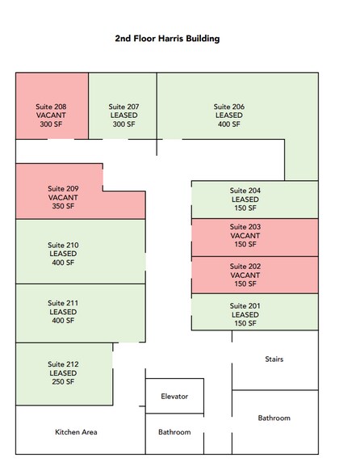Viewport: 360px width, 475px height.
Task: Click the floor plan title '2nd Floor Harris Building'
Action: [167, 39]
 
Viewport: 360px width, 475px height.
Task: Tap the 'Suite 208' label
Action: [51, 107]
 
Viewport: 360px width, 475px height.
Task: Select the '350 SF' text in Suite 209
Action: [63, 206]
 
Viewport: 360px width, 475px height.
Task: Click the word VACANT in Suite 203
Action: [245, 236]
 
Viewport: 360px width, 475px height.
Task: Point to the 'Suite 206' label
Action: [229, 107]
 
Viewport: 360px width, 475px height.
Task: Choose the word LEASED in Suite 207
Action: [123, 116]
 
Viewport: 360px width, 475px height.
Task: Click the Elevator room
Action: [174, 396]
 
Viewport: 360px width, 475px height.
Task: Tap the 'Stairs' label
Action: [274, 359]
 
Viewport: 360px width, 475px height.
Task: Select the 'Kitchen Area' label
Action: [76, 432]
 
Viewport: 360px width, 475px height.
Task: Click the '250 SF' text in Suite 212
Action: [63, 381]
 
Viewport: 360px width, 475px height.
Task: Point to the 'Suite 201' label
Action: [245, 306]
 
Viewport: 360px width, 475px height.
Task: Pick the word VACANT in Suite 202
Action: [245, 275]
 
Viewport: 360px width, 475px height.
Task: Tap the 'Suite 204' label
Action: [245, 191]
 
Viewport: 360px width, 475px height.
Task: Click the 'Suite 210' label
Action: [63, 245]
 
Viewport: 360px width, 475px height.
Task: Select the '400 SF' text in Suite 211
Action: [63, 321]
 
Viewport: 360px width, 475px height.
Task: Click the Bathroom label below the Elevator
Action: [174, 432]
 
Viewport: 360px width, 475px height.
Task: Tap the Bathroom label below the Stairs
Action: [274, 418]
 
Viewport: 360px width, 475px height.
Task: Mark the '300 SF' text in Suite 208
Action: [51, 124]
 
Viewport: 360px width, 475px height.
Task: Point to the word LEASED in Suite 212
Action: [63, 373]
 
